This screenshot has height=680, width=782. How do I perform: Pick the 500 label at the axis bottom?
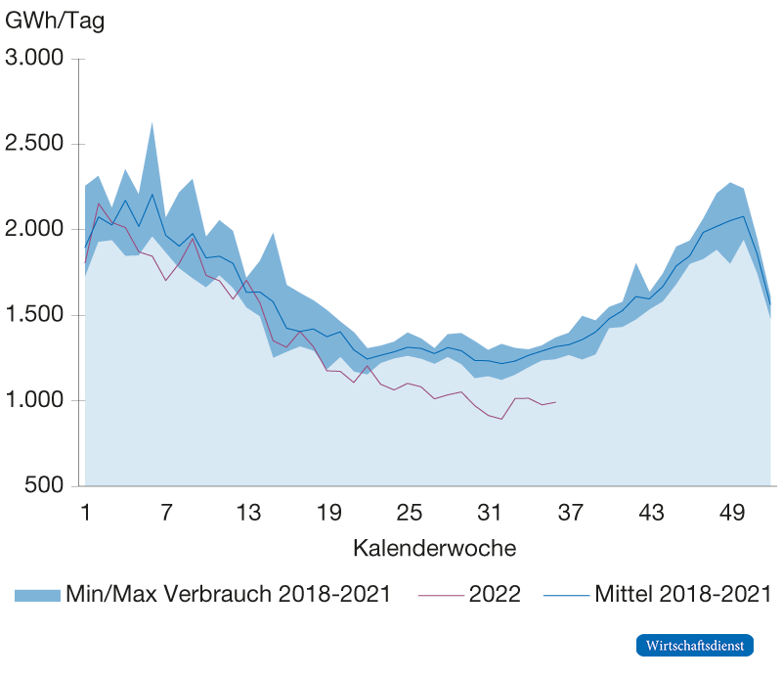pos(45,486)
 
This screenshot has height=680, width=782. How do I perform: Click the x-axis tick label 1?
pos(86,512)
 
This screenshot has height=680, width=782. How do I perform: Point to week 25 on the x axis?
pos(410,512)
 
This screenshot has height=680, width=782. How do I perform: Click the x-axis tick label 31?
pos(491,512)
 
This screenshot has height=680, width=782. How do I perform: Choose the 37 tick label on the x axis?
pos(571,512)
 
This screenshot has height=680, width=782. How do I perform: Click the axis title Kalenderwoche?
pos(434,548)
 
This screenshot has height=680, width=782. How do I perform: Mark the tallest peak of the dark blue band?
pos(152,123)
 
